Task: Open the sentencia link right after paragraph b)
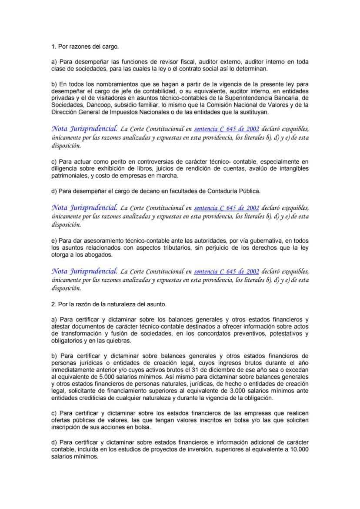pyautogui.click(x=227, y=129)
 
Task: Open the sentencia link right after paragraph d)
pyautogui.click(x=227, y=208)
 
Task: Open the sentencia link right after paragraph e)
pyautogui.click(x=227, y=272)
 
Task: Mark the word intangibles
pyautogui.click(x=293, y=169)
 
